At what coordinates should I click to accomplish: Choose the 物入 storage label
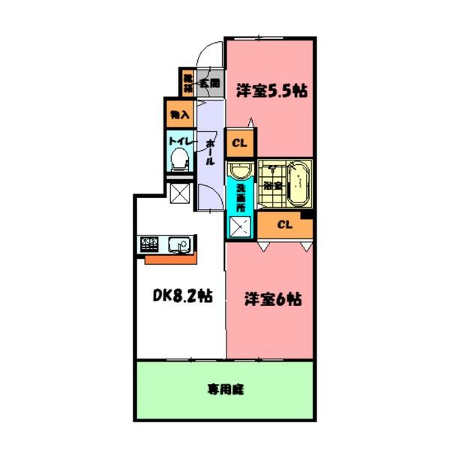(179, 114)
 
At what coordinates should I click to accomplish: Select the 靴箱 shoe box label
(187, 80)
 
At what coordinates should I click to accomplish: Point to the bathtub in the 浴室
(299, 183)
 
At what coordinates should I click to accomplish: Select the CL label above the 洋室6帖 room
(284, 224)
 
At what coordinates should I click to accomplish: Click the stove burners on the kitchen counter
(148, 245)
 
